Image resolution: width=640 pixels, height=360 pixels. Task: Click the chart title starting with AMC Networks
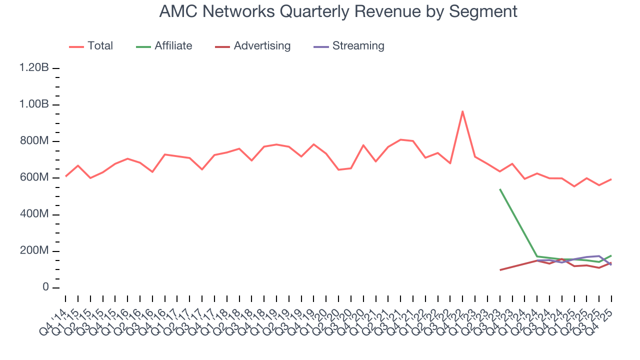pos(338,11)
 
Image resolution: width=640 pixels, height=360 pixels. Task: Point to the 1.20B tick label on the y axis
pos(34,68)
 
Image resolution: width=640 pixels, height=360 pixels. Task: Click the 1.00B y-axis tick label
pos(34,104)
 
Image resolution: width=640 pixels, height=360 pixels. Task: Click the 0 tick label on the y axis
pos(45,287)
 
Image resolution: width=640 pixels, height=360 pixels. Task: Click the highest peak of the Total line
pos(462,111)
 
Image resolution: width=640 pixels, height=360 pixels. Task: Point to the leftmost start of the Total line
pos(65,176)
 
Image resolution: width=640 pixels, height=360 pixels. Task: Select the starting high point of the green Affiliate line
pos(500,189)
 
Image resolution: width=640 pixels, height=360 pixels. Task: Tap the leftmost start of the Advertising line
pos(500,270)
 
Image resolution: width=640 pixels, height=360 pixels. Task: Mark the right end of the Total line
pos(611,179)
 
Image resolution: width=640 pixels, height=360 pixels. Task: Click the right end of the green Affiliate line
pos(611,255)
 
